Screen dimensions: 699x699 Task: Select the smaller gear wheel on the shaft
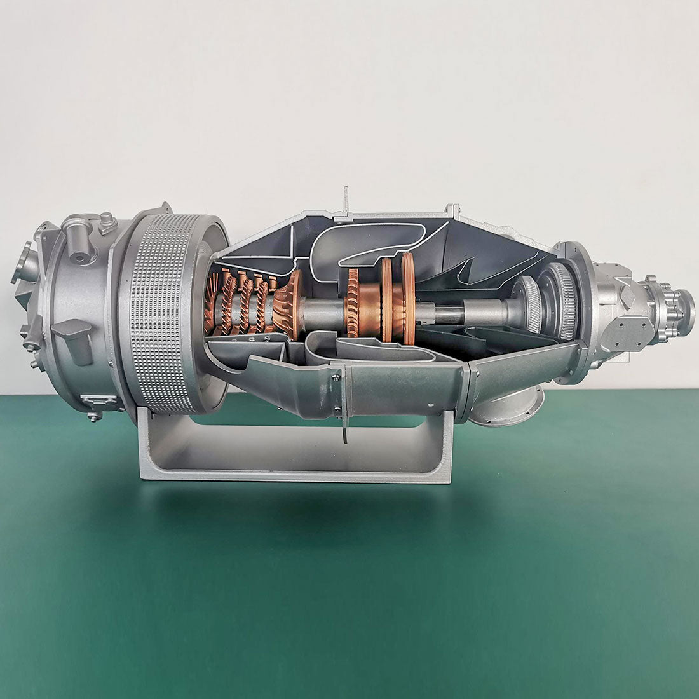529,304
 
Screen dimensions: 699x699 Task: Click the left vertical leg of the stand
145,438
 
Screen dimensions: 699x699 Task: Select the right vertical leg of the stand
445,438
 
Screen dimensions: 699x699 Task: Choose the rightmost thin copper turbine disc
407,295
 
